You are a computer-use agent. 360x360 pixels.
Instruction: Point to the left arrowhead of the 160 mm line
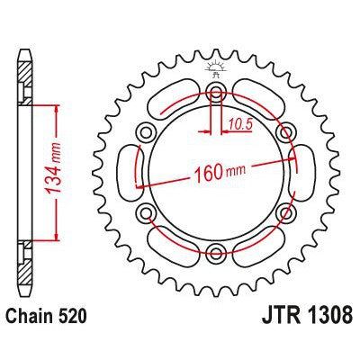click(x=140, y=185)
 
